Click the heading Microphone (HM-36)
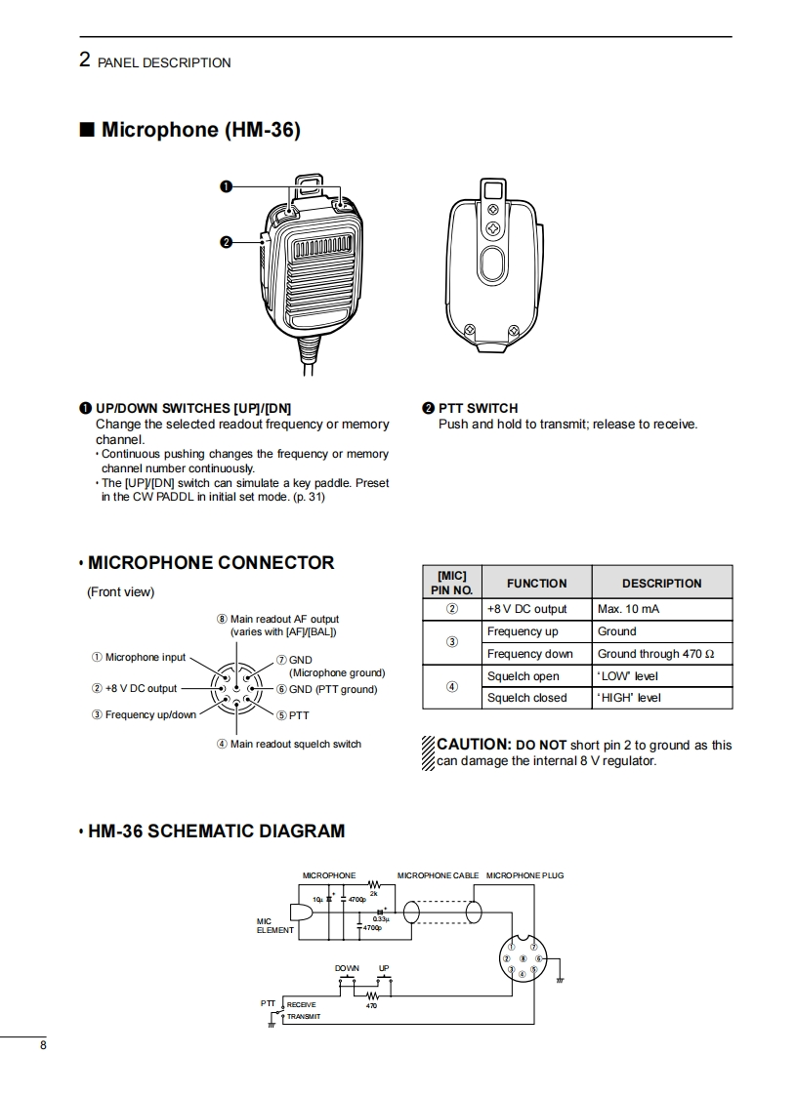tap(200, 130)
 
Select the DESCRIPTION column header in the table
tap(661, 584)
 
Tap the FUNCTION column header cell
tap(536, 584)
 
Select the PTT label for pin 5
tap(299, 715)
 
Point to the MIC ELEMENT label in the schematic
tap(274, 925)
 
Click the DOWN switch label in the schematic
tap(347, 968)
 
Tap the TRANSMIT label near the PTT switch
tap(304, 1017)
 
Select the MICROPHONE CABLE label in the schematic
tap(438, 875)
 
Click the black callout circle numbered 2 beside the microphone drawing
tap(226, 243)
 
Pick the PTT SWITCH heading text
tap(478, 408)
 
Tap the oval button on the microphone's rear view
tap(493, 264)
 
